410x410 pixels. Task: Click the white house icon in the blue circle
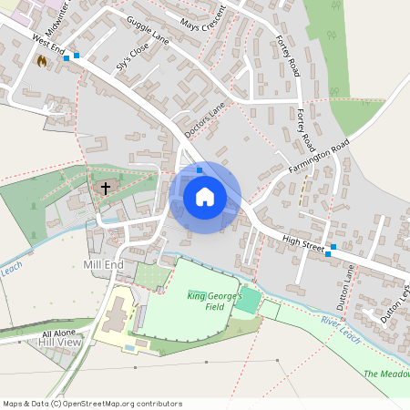pyautogui.click(x=205, y=197)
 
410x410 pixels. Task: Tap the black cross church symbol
pyautogui.click(x=106, y=189)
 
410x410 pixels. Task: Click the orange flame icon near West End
pyautogui.click(x=42, y=60)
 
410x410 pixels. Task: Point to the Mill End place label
pyautogui.click(x=103, y=264)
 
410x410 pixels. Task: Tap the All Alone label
pyautogui.click(x=57, y=334)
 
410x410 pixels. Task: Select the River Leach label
pyautogui.click(x=342, y=329)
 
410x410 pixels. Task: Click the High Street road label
pyautogui.click(x=303, y=241)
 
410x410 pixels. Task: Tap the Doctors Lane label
pyautogui.click(x=204, y=121)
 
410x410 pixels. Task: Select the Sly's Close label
pyautogui.click(x=132, y=62)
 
